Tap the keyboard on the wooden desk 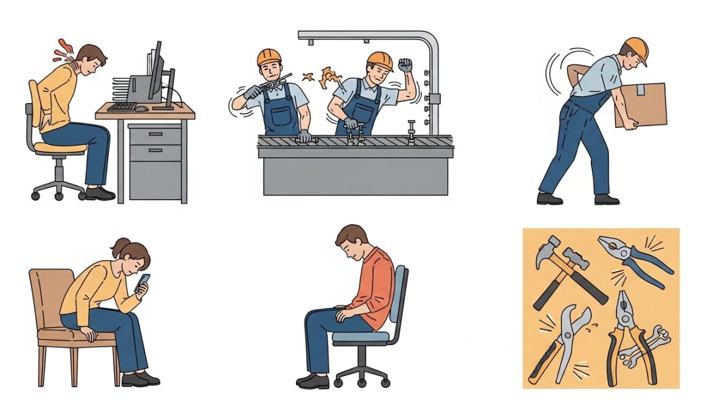coord(122,107)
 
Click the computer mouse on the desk coord(141,108)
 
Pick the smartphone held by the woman coord(144,282)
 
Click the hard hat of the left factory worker coord(269,57)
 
